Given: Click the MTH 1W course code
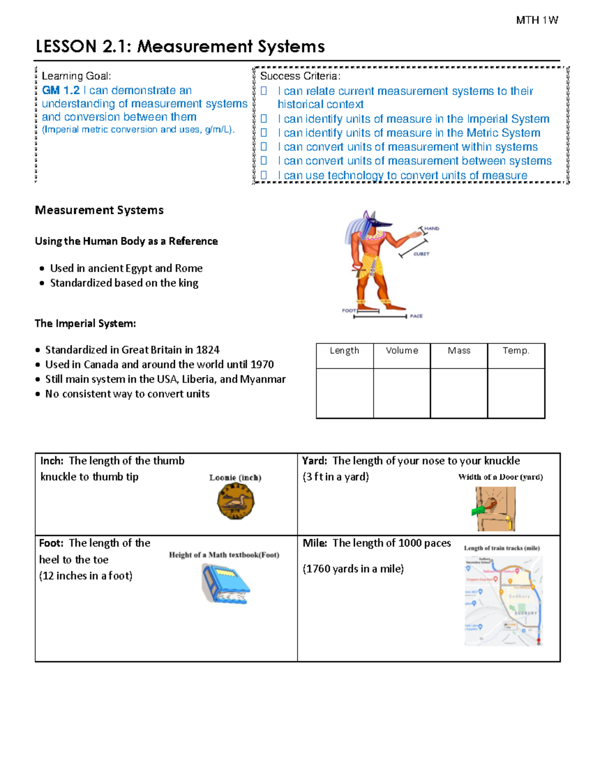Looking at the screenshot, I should click(x=537, y=20).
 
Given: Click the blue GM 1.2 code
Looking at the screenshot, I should click(x=60, y=90).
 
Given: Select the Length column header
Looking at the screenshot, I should click(x=344, y=351).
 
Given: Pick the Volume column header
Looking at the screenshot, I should click(x=402, y=351).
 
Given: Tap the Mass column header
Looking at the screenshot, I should click(x=459, y=351).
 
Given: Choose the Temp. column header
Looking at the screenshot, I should click(x=516, y=351).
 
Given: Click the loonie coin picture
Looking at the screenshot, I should click(x=236, y=501).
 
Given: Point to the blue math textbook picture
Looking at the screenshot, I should click(x=225, y=584).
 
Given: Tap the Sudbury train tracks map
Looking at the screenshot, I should click(x=503, y=601).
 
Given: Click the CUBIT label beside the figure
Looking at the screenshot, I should click(x=422, y=254).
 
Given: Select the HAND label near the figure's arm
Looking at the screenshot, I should click(x=431, y=229).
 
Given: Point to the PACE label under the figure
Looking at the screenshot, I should click(x=416, y=316).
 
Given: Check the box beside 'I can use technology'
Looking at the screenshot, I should click(x=264, y=175).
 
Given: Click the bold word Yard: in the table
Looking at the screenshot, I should click(x=314, y=461).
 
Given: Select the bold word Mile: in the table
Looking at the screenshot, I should click(x=315, y=543).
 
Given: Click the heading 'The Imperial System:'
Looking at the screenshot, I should click(x=85, y=323).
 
